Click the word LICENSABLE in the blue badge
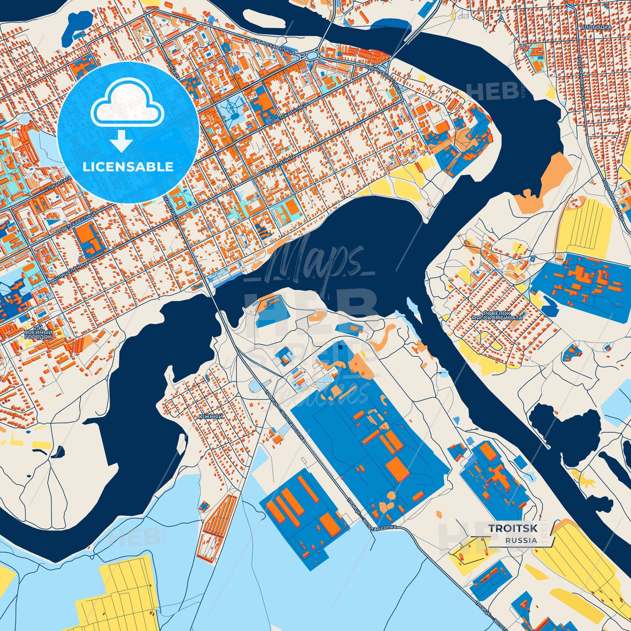(x=128, y=167)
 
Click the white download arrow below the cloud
(x=122, y=141)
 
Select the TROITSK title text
(x=513, y=528)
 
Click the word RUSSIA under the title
(x=521, y=540)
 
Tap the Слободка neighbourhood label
(x=596, y=27)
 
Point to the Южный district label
(x=210, y=417)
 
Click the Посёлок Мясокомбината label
(x=497, y=315)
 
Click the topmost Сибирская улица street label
(x=274, y=45)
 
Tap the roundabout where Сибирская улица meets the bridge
(x=312, y=56)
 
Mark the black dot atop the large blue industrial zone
(x=340, y=348)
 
